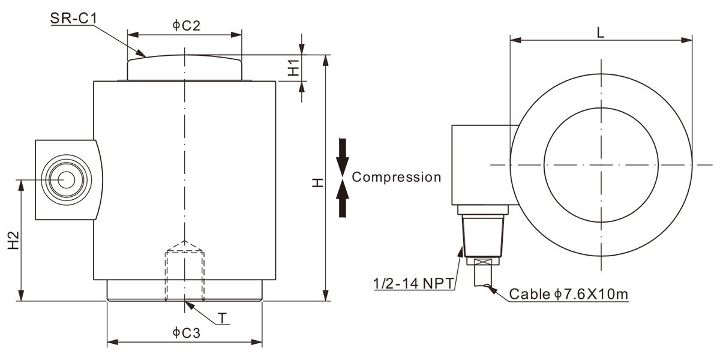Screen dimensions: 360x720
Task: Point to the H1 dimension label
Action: (x=293, y=67)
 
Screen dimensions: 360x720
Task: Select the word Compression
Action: (x=396, y=177)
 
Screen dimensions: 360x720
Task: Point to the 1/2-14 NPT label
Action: (x=413, y=282)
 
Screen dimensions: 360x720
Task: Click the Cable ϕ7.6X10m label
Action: (x=568, y=295)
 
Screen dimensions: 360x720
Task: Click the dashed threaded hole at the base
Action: (x=185, y=273)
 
